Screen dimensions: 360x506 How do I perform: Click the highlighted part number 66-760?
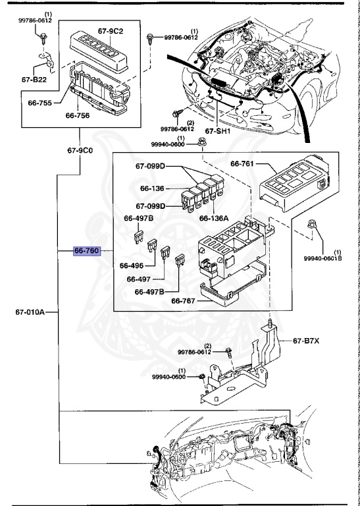pyautogui.click(x=87, y=251)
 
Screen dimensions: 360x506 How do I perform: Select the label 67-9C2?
pyautogui.click(x=111, y=31)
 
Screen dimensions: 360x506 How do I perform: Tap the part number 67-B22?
pyautogui.click(x=34, y=79)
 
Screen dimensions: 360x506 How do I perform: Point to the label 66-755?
pyautogui.click(x=40, y=103)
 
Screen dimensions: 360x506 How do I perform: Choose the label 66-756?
pyautogui.click(x=78, y=115)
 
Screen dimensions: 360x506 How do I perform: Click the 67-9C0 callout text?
pyautogui.click(x=80, y=150)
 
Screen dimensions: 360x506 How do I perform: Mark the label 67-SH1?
pyautogui.click(x=218, y=131)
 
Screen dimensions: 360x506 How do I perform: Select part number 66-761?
pyautogui.click(x=242, y=164)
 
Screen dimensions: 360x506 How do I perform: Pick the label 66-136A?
pyautogui.click(x=214, y=218)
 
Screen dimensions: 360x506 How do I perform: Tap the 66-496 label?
pyautogui.click(x=132, y=266)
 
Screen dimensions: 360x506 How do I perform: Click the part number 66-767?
pyautogui.click(x=183, y=300)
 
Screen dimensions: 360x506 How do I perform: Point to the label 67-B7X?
pyautogui.click(x=306, y=341)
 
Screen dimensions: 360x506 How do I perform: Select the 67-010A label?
pyautogui.click(x=30, y=312)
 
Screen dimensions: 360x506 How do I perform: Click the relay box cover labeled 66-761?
pyautogui.click(x=294, y=183)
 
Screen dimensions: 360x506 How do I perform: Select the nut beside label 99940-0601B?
pyautogui.click(x=312, y=223)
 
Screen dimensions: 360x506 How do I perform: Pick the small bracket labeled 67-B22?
pyautogui.click(x=47, y=61)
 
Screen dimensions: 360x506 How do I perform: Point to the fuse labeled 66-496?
pyautogui.click(x=152, y=246)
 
